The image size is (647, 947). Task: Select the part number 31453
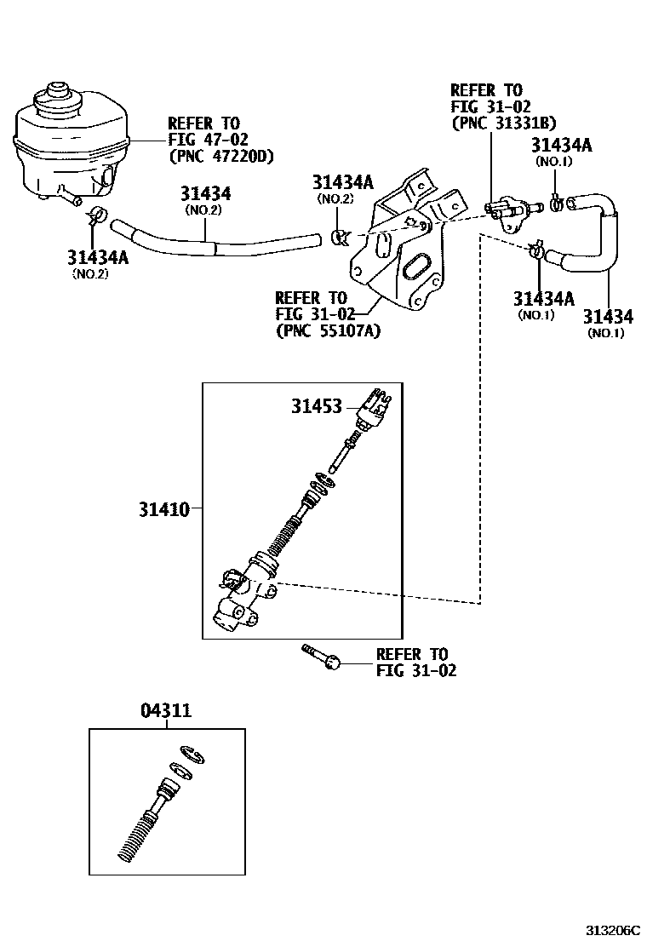point(316,407)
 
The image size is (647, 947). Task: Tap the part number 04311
point(165,711)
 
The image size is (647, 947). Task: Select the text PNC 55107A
point(328,331)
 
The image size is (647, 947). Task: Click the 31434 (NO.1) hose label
point(608,318)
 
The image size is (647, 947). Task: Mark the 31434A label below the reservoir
point(97,257)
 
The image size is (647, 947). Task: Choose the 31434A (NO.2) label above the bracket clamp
point(342,182)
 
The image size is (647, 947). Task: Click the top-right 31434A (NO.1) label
point(561,146)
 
